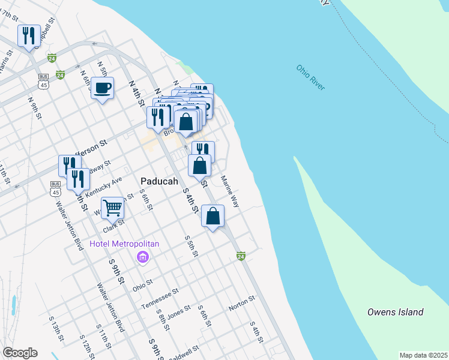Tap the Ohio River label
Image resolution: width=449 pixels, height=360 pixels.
(x=310, y=77)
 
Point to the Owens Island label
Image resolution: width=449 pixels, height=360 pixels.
(x=395, y=312)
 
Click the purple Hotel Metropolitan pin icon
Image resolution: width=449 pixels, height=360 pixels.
(x=142, y=257)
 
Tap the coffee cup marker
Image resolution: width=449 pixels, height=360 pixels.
(x=102, y=88)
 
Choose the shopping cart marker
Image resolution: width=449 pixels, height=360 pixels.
(x=112, y=208)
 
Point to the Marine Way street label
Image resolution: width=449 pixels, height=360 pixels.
(x=230, y=191)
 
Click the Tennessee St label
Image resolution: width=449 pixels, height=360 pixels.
(x=160, y=298)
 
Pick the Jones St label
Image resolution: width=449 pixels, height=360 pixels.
(x=178, y=313)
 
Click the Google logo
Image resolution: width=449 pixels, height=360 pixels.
(x=20, y=352)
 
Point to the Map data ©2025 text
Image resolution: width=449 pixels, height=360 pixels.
(x=423, y=355)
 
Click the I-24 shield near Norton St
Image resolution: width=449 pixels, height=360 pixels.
(x=241, y=256)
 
